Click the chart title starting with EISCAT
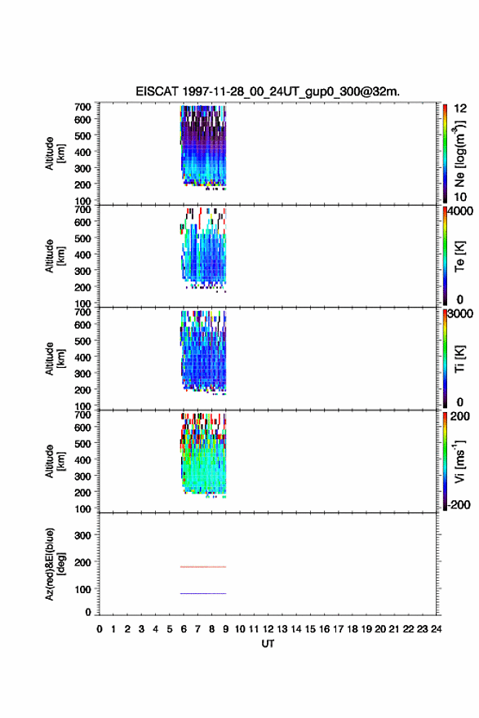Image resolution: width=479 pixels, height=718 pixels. [x=268, y=91]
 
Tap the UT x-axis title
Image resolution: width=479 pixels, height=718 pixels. [x=268, y=644]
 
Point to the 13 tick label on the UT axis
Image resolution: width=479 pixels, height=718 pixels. [x=282, y=629]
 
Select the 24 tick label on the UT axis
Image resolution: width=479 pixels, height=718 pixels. [x=436, y=629]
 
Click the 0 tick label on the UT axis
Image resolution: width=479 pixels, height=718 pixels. [x=100, y=629]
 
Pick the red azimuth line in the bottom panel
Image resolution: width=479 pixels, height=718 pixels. [x=203, y=567]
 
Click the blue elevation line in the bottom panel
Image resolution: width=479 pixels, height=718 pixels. [x=203, y=593]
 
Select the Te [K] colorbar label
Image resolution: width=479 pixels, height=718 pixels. [x=459, y=256]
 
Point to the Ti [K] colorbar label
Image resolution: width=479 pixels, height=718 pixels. [x=459, y=359]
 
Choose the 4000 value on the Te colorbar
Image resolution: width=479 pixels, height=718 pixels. [x=461, y=211]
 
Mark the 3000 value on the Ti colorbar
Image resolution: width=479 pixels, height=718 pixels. [x=461, y=313]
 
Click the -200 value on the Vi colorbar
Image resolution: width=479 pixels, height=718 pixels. [x=459, y=504]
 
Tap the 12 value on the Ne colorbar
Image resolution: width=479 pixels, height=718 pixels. [x=460, y=109]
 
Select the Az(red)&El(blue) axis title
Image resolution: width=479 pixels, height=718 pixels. [x=55, y=564]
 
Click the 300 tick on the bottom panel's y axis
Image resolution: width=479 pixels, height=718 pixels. [x=82, y=535]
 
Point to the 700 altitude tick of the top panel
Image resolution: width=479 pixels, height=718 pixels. [x=82, y=107]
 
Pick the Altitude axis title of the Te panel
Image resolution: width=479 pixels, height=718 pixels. [x=55, y=256]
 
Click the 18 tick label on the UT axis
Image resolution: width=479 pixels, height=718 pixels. [x=353, y=629]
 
